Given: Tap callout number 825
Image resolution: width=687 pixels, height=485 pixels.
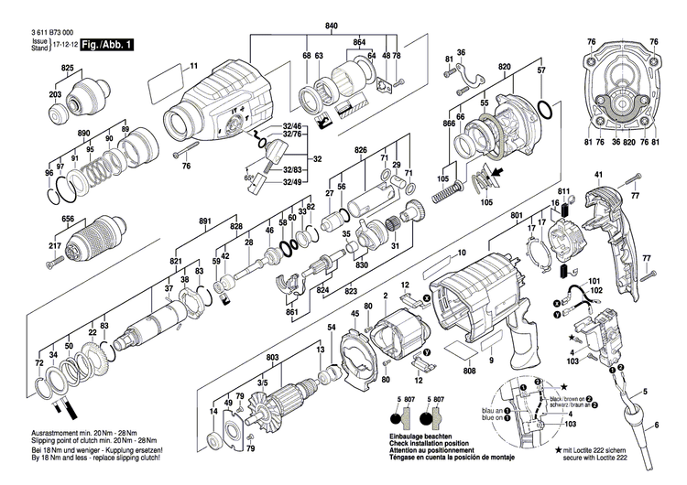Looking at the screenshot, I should (x=67, y=70).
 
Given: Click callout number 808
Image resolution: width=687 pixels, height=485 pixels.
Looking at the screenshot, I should (x=470, y=372).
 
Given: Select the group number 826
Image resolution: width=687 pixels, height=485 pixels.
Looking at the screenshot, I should (x=361, y=149).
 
